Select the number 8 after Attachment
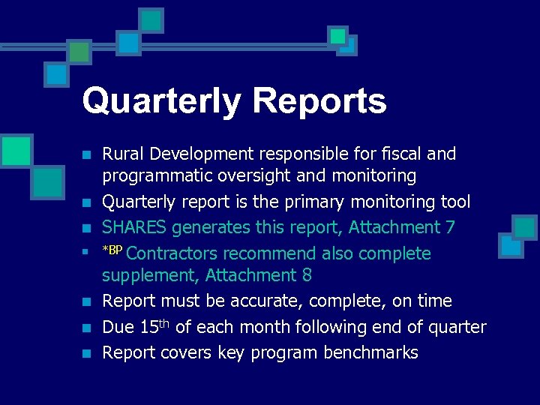pos(307,275)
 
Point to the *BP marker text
pos(112,250)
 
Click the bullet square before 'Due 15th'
pos(87,328)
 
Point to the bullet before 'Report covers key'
pos(87,353)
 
